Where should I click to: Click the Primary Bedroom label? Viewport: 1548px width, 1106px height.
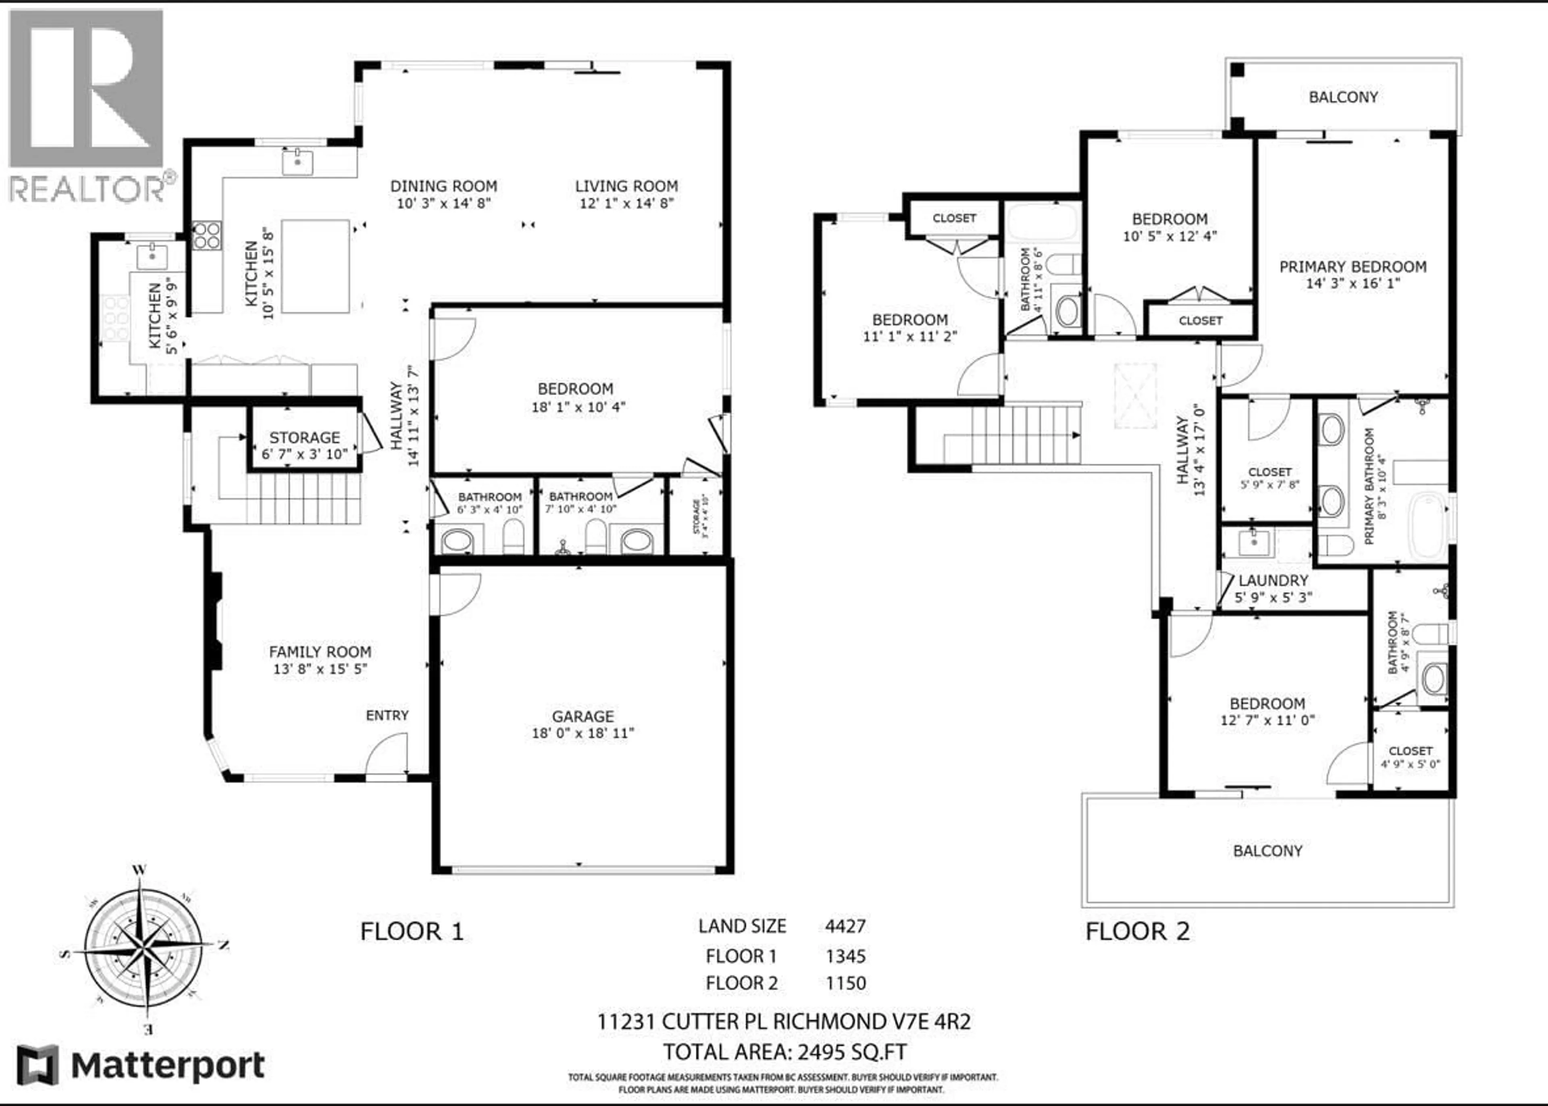1352,267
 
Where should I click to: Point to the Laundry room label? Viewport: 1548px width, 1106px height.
1273,580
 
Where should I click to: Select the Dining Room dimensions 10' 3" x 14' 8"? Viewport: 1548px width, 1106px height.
443,203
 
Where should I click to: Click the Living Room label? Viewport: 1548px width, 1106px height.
626,186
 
